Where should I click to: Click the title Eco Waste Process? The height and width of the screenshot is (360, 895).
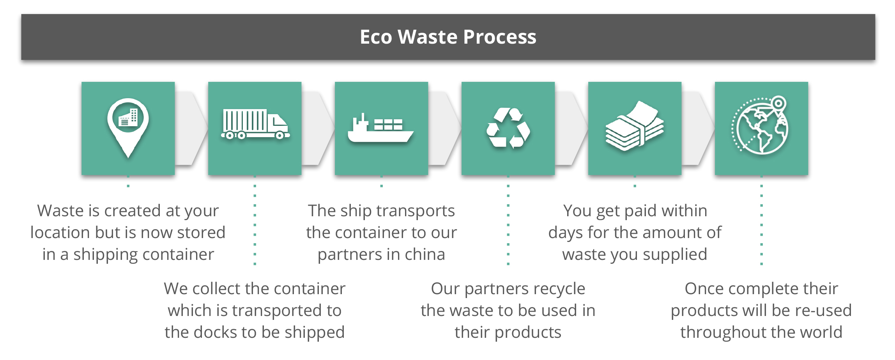[x=448, y=37]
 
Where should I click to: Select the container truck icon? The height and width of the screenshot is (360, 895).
[x=255, y=124]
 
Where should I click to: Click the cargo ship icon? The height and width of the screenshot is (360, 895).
[x=380, y=128]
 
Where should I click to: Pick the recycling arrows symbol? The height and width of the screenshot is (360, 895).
[x=508, y=128]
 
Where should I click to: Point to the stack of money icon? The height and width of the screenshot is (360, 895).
[x=635, y=126]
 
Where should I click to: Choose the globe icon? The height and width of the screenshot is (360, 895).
[x=760, y=125]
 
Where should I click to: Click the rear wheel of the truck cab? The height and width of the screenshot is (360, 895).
[x=279, y=136]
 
